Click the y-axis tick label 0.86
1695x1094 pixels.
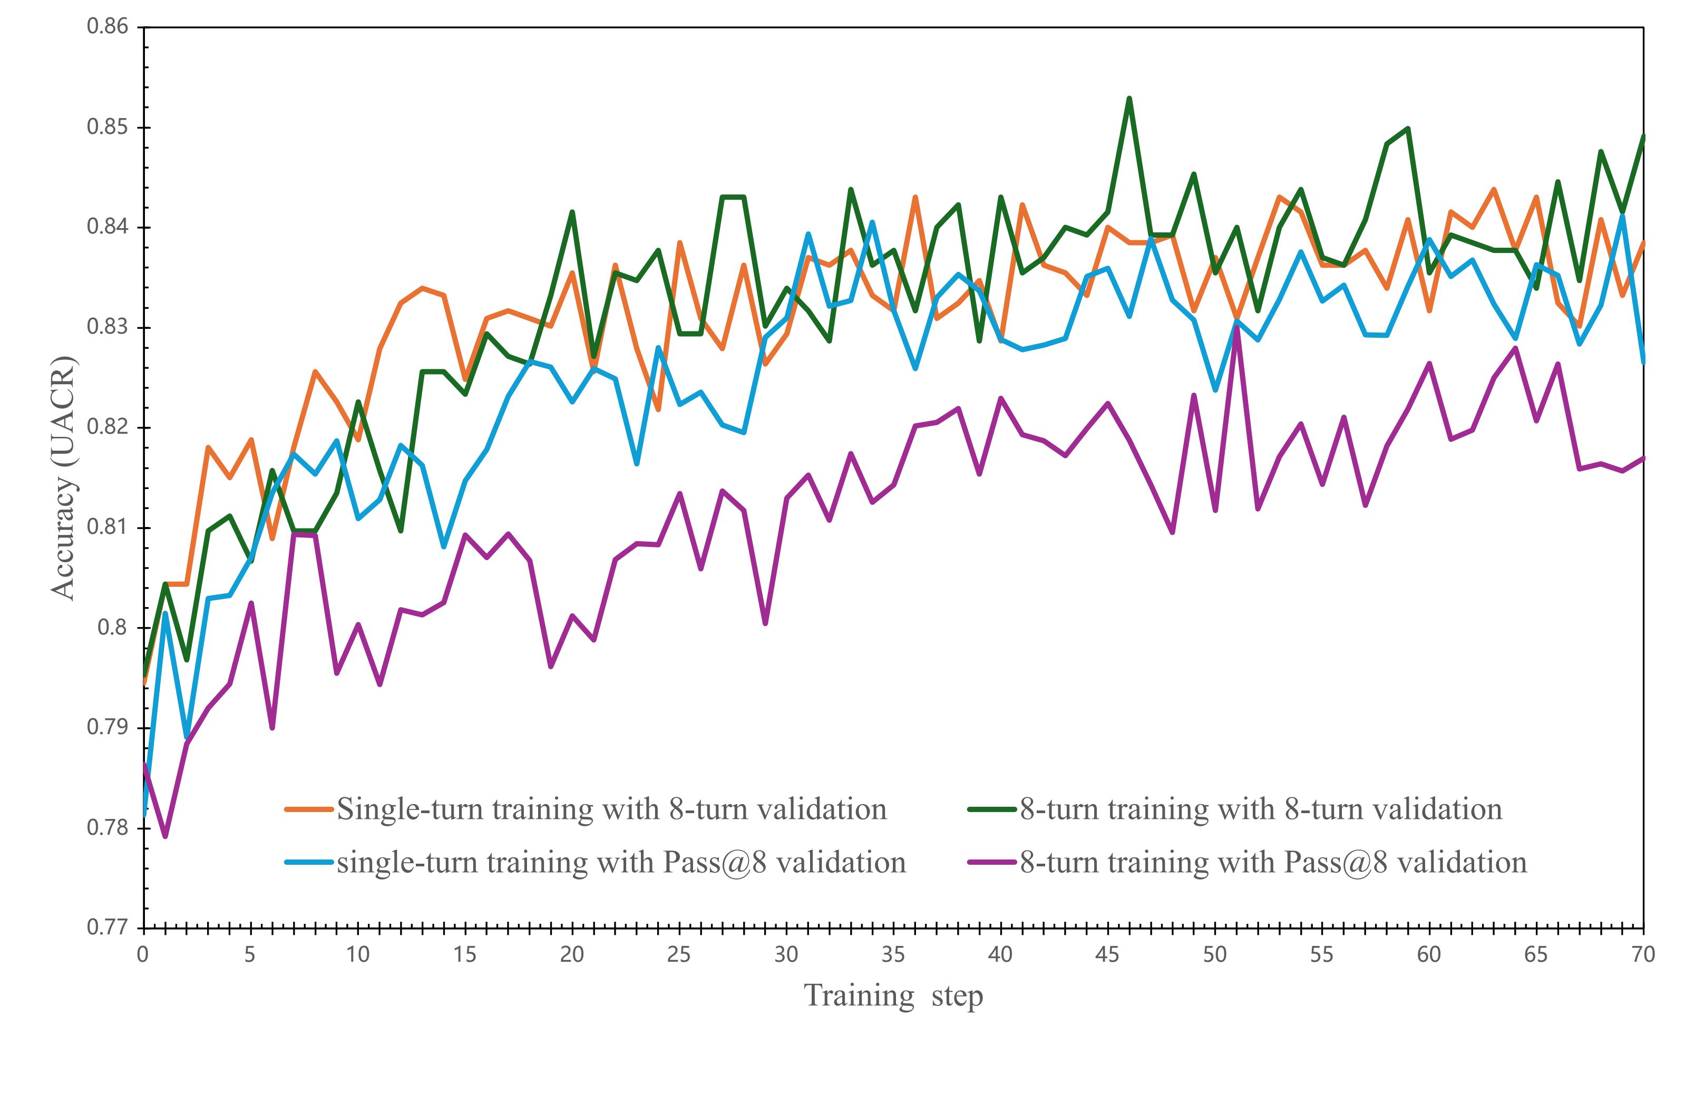pos(108,27)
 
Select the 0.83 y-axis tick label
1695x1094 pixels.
pos(108,327)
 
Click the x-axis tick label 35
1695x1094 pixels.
pos(893,954)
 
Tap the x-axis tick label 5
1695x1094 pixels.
pos(250,954)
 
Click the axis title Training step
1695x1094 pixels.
pos(893,995)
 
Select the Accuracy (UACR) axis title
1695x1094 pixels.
pos(64,477)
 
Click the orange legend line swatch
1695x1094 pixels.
pos(308,809)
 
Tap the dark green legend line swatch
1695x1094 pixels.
pos(992,809)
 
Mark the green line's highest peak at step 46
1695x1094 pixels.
pos(1129,99)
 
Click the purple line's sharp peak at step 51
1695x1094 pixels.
pos(1236,327)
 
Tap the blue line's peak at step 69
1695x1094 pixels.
pos(1622,215)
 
